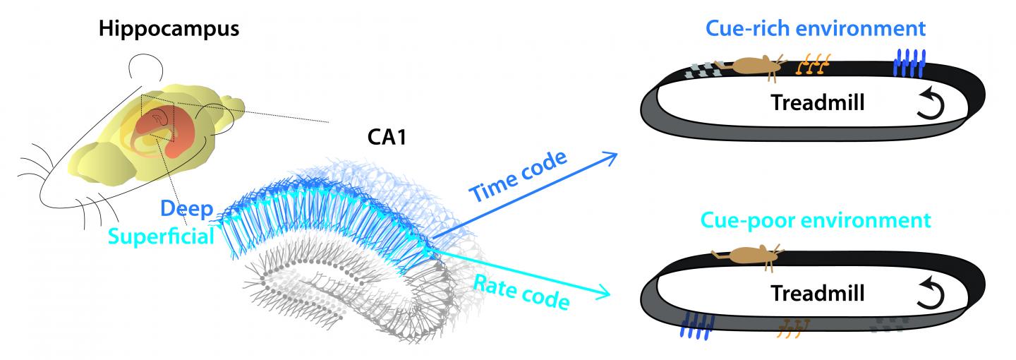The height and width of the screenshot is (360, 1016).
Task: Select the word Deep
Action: click(x=186, y=208)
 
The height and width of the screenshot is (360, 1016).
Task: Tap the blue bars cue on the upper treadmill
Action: click(x=909, y=63)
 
